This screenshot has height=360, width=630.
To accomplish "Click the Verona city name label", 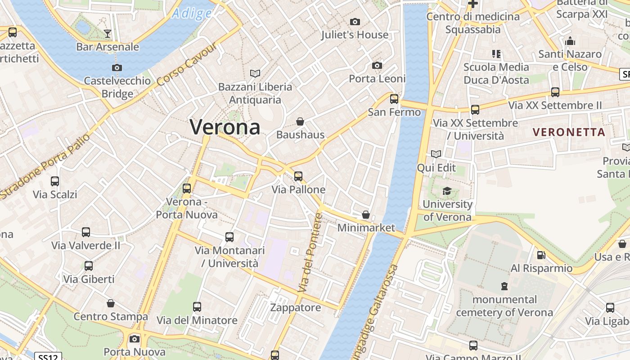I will tap(225, 127).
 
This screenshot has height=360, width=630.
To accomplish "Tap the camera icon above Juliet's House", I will tap(355, 22).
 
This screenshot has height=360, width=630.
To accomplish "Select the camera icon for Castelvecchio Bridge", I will tap(117, 67).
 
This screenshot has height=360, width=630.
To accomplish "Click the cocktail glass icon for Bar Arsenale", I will tap(107, 33).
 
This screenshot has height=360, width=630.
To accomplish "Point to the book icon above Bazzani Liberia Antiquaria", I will tap(255, 73).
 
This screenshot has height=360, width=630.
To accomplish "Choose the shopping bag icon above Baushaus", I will tap(300, 121).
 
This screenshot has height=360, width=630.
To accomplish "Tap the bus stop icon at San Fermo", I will tap(394, 99).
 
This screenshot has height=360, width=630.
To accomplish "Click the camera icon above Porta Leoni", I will tap(377, 66).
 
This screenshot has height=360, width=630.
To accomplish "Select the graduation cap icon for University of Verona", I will tap(446, 191).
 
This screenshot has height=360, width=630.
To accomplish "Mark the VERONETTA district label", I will tap(569, 132).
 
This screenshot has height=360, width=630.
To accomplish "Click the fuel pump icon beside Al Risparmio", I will tap(541, 255).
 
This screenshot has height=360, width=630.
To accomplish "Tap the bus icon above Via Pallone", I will tap(298, 176).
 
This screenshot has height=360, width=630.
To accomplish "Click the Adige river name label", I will tap(192, 13).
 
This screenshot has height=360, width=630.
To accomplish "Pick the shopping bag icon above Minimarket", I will tap(366, 215).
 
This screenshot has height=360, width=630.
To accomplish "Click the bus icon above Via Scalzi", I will tap(55, 181).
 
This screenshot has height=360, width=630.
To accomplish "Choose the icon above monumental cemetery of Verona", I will tap(504, 286).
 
